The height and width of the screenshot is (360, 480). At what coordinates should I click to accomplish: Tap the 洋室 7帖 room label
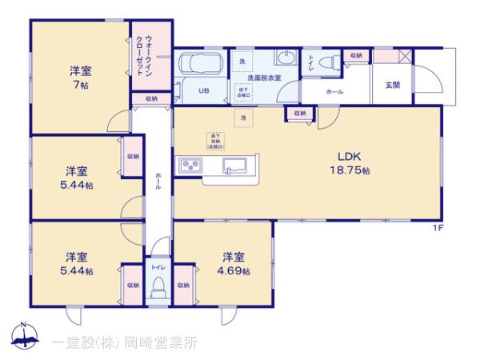[x=79, y=76]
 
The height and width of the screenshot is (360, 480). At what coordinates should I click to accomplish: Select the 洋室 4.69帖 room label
[x=234, y=263]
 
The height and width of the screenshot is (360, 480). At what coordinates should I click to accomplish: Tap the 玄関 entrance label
[x=392, y=86]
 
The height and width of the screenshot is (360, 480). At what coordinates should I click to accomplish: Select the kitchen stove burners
[x=191, y=165]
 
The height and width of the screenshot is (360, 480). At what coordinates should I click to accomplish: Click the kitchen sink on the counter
[x=234, y=166]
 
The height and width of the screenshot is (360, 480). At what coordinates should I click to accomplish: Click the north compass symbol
[x=24, y=338]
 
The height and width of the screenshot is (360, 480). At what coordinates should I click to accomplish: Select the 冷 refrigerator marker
[x=242, y=119]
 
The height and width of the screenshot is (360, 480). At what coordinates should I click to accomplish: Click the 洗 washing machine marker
[x=242, y=62]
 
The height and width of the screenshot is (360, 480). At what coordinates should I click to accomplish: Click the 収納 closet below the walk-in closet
[x=150, y=98]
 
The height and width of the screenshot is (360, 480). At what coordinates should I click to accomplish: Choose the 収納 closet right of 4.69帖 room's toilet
[x=182, y=284]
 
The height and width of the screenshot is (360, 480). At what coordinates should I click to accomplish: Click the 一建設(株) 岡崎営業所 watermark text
[x=124, y=342]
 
